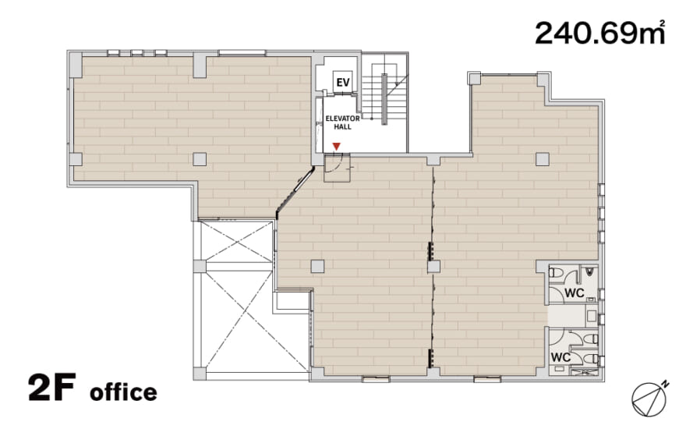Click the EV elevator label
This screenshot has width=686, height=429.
(x=343, y=82)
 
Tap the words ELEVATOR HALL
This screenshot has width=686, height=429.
(x=342, y=122)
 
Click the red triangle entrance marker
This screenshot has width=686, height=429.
(x=336, y=146)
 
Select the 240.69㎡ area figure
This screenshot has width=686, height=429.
(x=600, y=33)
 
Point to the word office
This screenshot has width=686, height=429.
(x=123, y=392)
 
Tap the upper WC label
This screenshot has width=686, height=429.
(x=574, y=292)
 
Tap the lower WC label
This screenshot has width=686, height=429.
(x=560, y=357)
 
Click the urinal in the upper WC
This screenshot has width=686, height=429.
(x=589, y=272)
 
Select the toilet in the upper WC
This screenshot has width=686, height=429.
(x=555, y=273)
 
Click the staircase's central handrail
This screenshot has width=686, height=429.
(x=384, y=99)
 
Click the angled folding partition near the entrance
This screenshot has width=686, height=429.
(x=295, y=192)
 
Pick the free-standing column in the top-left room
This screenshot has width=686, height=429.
(x=200, y=159)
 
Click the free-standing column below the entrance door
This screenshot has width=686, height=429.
(x=317, y=266)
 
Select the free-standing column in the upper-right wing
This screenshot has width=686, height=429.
(x=543, y=159)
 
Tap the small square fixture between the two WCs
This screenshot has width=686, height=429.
(x=592, y=316)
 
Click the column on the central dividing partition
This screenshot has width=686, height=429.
(x=433, y=267)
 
